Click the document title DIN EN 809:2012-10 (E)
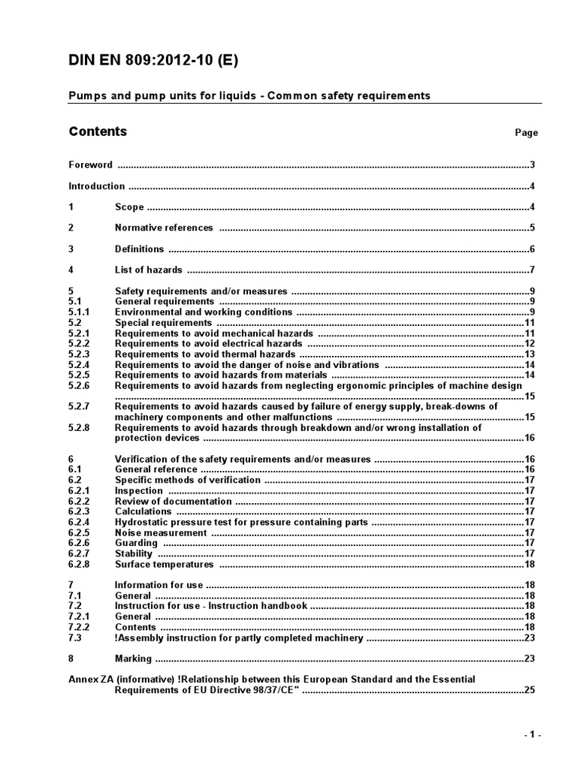click(x=153, y=62)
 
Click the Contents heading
click(x=98, y=132)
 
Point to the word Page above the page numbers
click(x=526, y=133)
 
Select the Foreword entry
click(x=90, y=165)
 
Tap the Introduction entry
click(x=97, y=186)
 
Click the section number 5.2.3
click(x=79, y=354)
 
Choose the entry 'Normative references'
click(x=164, y=228)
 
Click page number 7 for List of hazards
click(x=531, y=270)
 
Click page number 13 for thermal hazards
click(x=529, y=354)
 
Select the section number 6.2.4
click(x=79, y=522)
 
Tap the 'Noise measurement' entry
click(x=160, y=532)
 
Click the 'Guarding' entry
click(x=136, y=543)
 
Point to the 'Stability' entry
click(x=134, y=553)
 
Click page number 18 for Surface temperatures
click(x=529, y=564)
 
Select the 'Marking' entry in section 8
click(x=133, y=659)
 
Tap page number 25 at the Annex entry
click(x=529, y=689)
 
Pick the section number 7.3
click(x=74, y=638)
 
